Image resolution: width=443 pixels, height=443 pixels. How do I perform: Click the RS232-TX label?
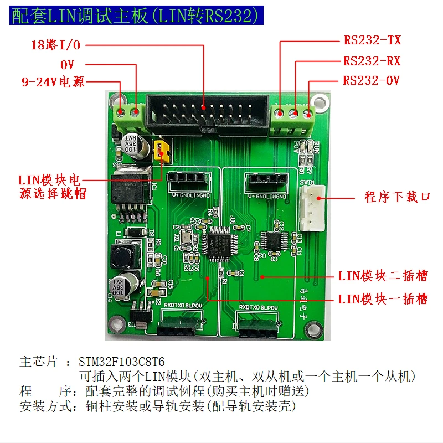(x=372, y=40)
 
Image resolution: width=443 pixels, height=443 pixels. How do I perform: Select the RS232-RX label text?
(x=372, y=61)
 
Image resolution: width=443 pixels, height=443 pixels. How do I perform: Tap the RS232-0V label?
(x=371, y=81)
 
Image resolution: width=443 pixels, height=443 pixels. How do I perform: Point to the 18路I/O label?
(x=55, y=45)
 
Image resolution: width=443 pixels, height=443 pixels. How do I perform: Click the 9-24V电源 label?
(x=53, y=83)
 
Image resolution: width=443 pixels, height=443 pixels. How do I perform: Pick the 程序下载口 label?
(x=397, y=197)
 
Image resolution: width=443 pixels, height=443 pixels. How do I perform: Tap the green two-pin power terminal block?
(x=128, y=115)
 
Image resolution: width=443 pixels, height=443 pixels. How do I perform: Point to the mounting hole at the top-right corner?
(x=318, y=101)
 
